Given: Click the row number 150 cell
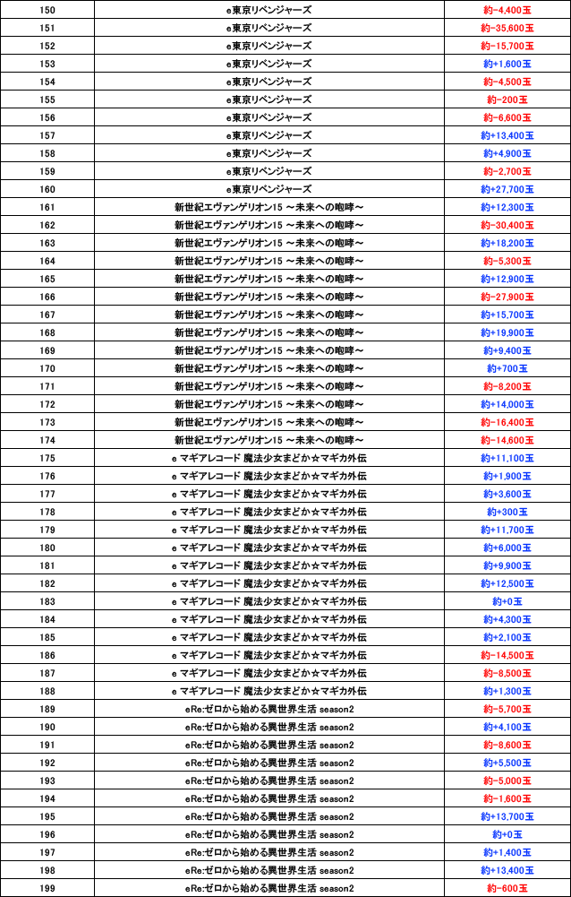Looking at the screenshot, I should [x=47, y=10].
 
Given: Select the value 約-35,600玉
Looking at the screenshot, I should [x=507, y=28].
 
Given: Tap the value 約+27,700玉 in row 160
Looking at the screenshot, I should [x=507, y=189].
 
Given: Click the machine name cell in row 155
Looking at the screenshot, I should [x=268, y=99].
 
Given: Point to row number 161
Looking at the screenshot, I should [x=47, y=207].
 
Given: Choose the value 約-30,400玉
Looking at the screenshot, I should [x=507, y=225].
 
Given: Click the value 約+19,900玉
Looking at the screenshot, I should [x=507, y=332].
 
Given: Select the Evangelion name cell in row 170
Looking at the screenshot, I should [x=268, y=368].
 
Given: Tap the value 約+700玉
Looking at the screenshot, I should [x=507, y=368].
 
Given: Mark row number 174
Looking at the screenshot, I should [x=47, y=440].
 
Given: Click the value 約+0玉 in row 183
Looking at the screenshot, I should [x=507, y=601].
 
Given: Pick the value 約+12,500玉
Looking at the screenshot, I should [x=507, y=583].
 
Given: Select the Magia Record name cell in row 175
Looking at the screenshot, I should [x=268, y=458].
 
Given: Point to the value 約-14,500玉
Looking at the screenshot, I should [x=507, y=655].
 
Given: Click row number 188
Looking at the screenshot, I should [x=47, y=691].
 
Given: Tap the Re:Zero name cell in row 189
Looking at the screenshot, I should [x=268, y=709].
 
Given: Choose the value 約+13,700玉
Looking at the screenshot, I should [x=507, y=816].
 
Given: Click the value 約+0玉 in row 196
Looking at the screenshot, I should [x=507, y=834].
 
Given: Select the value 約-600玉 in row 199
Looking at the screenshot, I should [x=507, y=888].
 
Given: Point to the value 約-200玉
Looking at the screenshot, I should [x=507, y=99].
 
